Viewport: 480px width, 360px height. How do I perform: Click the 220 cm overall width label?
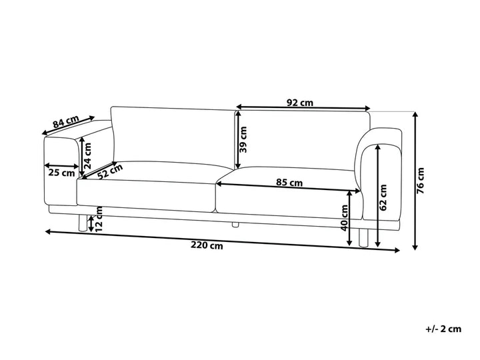pyautogui.click(x=207, y=245)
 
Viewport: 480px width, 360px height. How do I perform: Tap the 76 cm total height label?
pyautogui.click(x=421, y=181)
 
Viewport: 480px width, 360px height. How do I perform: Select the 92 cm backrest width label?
pyautogui.click(x=300, y=103)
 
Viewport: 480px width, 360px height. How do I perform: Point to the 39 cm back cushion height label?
pyautogui.click(x=243, y=139)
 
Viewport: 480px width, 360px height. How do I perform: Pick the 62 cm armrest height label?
pyautogui.click(x=383, y=197)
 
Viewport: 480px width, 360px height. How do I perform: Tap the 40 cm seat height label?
pyautogui.click(x=345, y=218)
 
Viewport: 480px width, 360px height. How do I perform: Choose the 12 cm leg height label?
pyautogui.click(x=99, y=219)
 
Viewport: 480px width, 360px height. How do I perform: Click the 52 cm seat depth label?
pyautogui.click(x=110, y=171)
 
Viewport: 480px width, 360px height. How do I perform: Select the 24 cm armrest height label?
pyautogui.click(x=87, y=156)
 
